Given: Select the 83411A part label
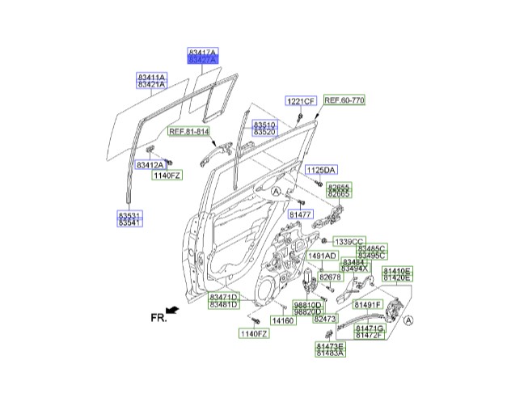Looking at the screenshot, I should tap(150, 76).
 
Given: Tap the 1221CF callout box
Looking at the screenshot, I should tap(299, 101).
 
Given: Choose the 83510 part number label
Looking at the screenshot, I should tap(264, 125).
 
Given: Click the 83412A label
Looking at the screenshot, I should tap(150, 165).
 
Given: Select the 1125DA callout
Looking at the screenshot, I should tap(320, 170).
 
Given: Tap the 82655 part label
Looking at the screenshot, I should tap(339, 186).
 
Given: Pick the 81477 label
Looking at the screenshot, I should tap(301, 214).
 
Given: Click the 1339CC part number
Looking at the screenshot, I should tap(350, 241).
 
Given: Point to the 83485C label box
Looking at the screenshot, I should tap(372, 248).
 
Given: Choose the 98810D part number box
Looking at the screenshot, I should tap(308, 305).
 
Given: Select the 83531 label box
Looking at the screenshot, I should tap(130, 214).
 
